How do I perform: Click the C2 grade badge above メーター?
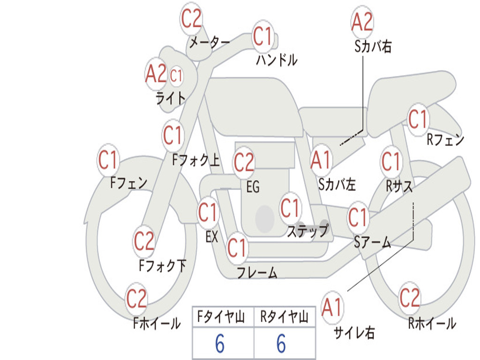191,18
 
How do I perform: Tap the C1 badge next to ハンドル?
262,36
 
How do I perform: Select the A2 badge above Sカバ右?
362,22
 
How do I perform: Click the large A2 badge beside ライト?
156,74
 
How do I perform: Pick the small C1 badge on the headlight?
176,75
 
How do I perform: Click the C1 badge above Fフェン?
108,160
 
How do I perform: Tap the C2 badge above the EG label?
244,162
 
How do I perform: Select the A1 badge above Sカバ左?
321,160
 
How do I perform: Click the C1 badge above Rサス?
391,161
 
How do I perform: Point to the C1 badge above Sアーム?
358,217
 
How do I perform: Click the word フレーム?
257,272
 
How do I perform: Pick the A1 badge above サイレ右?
331,307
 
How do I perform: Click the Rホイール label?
432,323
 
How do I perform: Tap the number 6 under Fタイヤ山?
220,344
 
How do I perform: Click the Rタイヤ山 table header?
285,317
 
